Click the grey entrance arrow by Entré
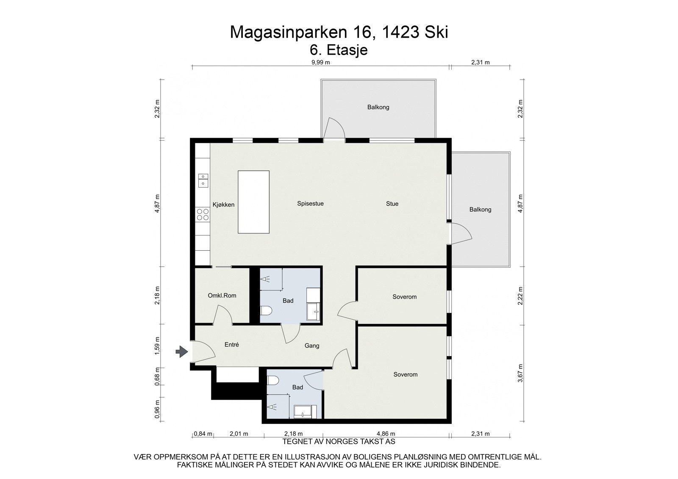tap(182, 352)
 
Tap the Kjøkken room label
tap(223, 205)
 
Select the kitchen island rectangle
tap(253, 202)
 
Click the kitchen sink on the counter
tap(203, 180)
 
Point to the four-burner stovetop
tap(203, 214)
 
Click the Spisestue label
tap(310, 204)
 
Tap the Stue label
tap(392, 204)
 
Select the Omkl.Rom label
tap(222, 296)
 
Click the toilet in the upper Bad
tap(265, 311)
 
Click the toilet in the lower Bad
tap(273, 380)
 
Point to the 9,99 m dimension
tap(320, 62)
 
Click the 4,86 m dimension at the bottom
tap(386, 434)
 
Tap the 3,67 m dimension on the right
tap(520, 373)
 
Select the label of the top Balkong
tap(378, 107)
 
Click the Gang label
tap(312, 346)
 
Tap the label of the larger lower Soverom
tap(405, 374)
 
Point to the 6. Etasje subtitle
tap(339, 50)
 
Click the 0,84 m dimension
tap(202, 434)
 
